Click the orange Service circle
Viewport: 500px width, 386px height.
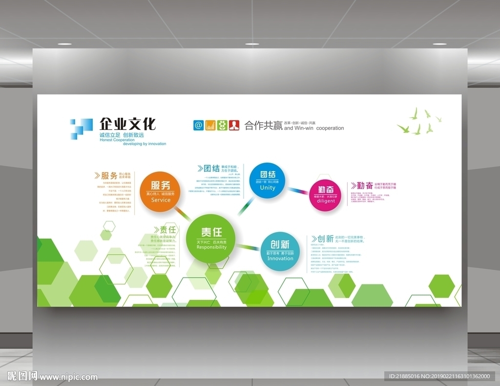coord(161,192)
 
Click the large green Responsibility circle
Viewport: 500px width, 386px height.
coord(211,238)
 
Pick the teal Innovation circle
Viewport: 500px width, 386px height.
coord(280,251)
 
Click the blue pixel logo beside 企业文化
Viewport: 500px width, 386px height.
coord(81,129)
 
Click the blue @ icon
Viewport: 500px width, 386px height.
coord(198,125)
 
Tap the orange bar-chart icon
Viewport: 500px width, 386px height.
coord(210,125)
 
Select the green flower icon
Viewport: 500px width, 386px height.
coord(222,125)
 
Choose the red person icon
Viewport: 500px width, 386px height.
coord(234,125)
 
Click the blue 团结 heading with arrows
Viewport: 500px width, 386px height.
coord(209,169)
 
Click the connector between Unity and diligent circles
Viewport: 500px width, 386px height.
coord(297,190)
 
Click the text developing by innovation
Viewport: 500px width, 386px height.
coord(145,144)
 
